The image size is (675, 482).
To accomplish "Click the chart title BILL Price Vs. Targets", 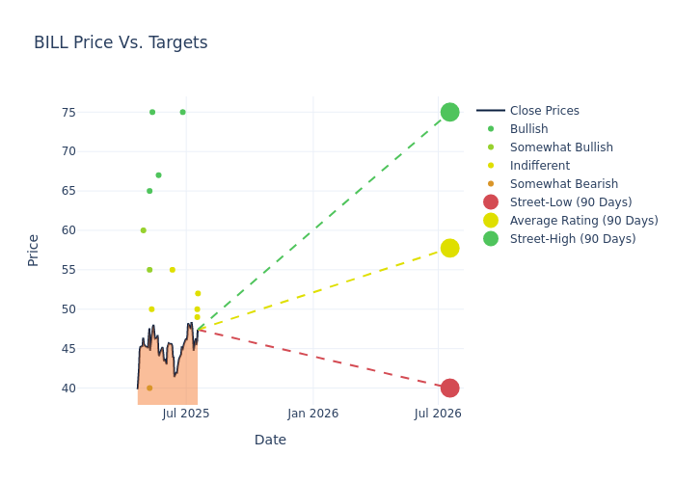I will click(x=121, y=42).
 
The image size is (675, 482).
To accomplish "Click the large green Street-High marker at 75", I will click(x=449, y=112).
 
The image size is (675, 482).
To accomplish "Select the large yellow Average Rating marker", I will click(x=449, y=248).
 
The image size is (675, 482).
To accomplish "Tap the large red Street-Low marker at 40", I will click(x=449, y=388).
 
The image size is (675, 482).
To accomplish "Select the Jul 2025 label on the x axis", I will click(x=186, y=414).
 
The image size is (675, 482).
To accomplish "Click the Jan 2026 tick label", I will click(x=313, y=414).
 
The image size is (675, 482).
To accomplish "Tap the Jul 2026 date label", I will click(x=439, y=414).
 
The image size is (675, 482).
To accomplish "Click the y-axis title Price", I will click(x=34, y=250).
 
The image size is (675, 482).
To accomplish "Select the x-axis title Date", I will click(x=270, y=440).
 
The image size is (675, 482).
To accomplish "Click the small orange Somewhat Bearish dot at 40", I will click(x=149, y=388).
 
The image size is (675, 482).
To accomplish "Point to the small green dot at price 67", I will click(x=158, y=175).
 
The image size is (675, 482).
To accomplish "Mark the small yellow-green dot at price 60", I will click(x=144, y=230).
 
